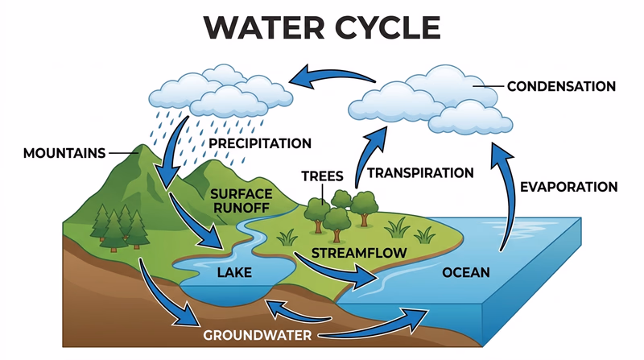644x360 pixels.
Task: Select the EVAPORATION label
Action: (x=569, y=187)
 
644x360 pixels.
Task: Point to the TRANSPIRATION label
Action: (x=420, y=172)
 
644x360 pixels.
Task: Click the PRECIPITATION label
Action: (x=260, y=143)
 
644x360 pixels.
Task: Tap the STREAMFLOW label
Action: (x=358, y=254)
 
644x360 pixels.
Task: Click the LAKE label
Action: (x=234, y=272)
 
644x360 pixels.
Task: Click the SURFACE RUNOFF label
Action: (x=241, y=201)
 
